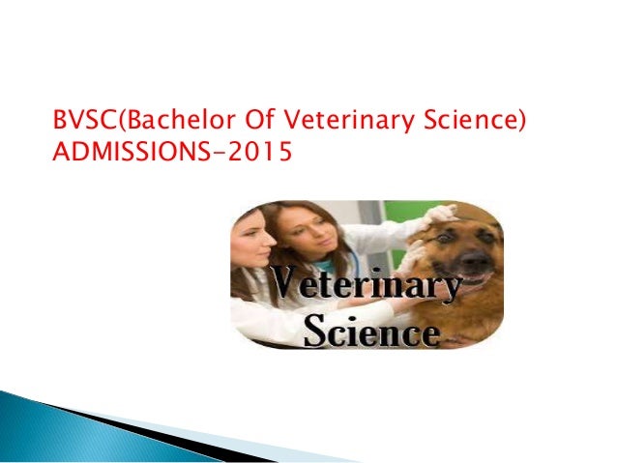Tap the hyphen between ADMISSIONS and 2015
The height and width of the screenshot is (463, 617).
click(x=223, y=154)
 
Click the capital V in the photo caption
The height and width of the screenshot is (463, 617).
click(x=286, y=286)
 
